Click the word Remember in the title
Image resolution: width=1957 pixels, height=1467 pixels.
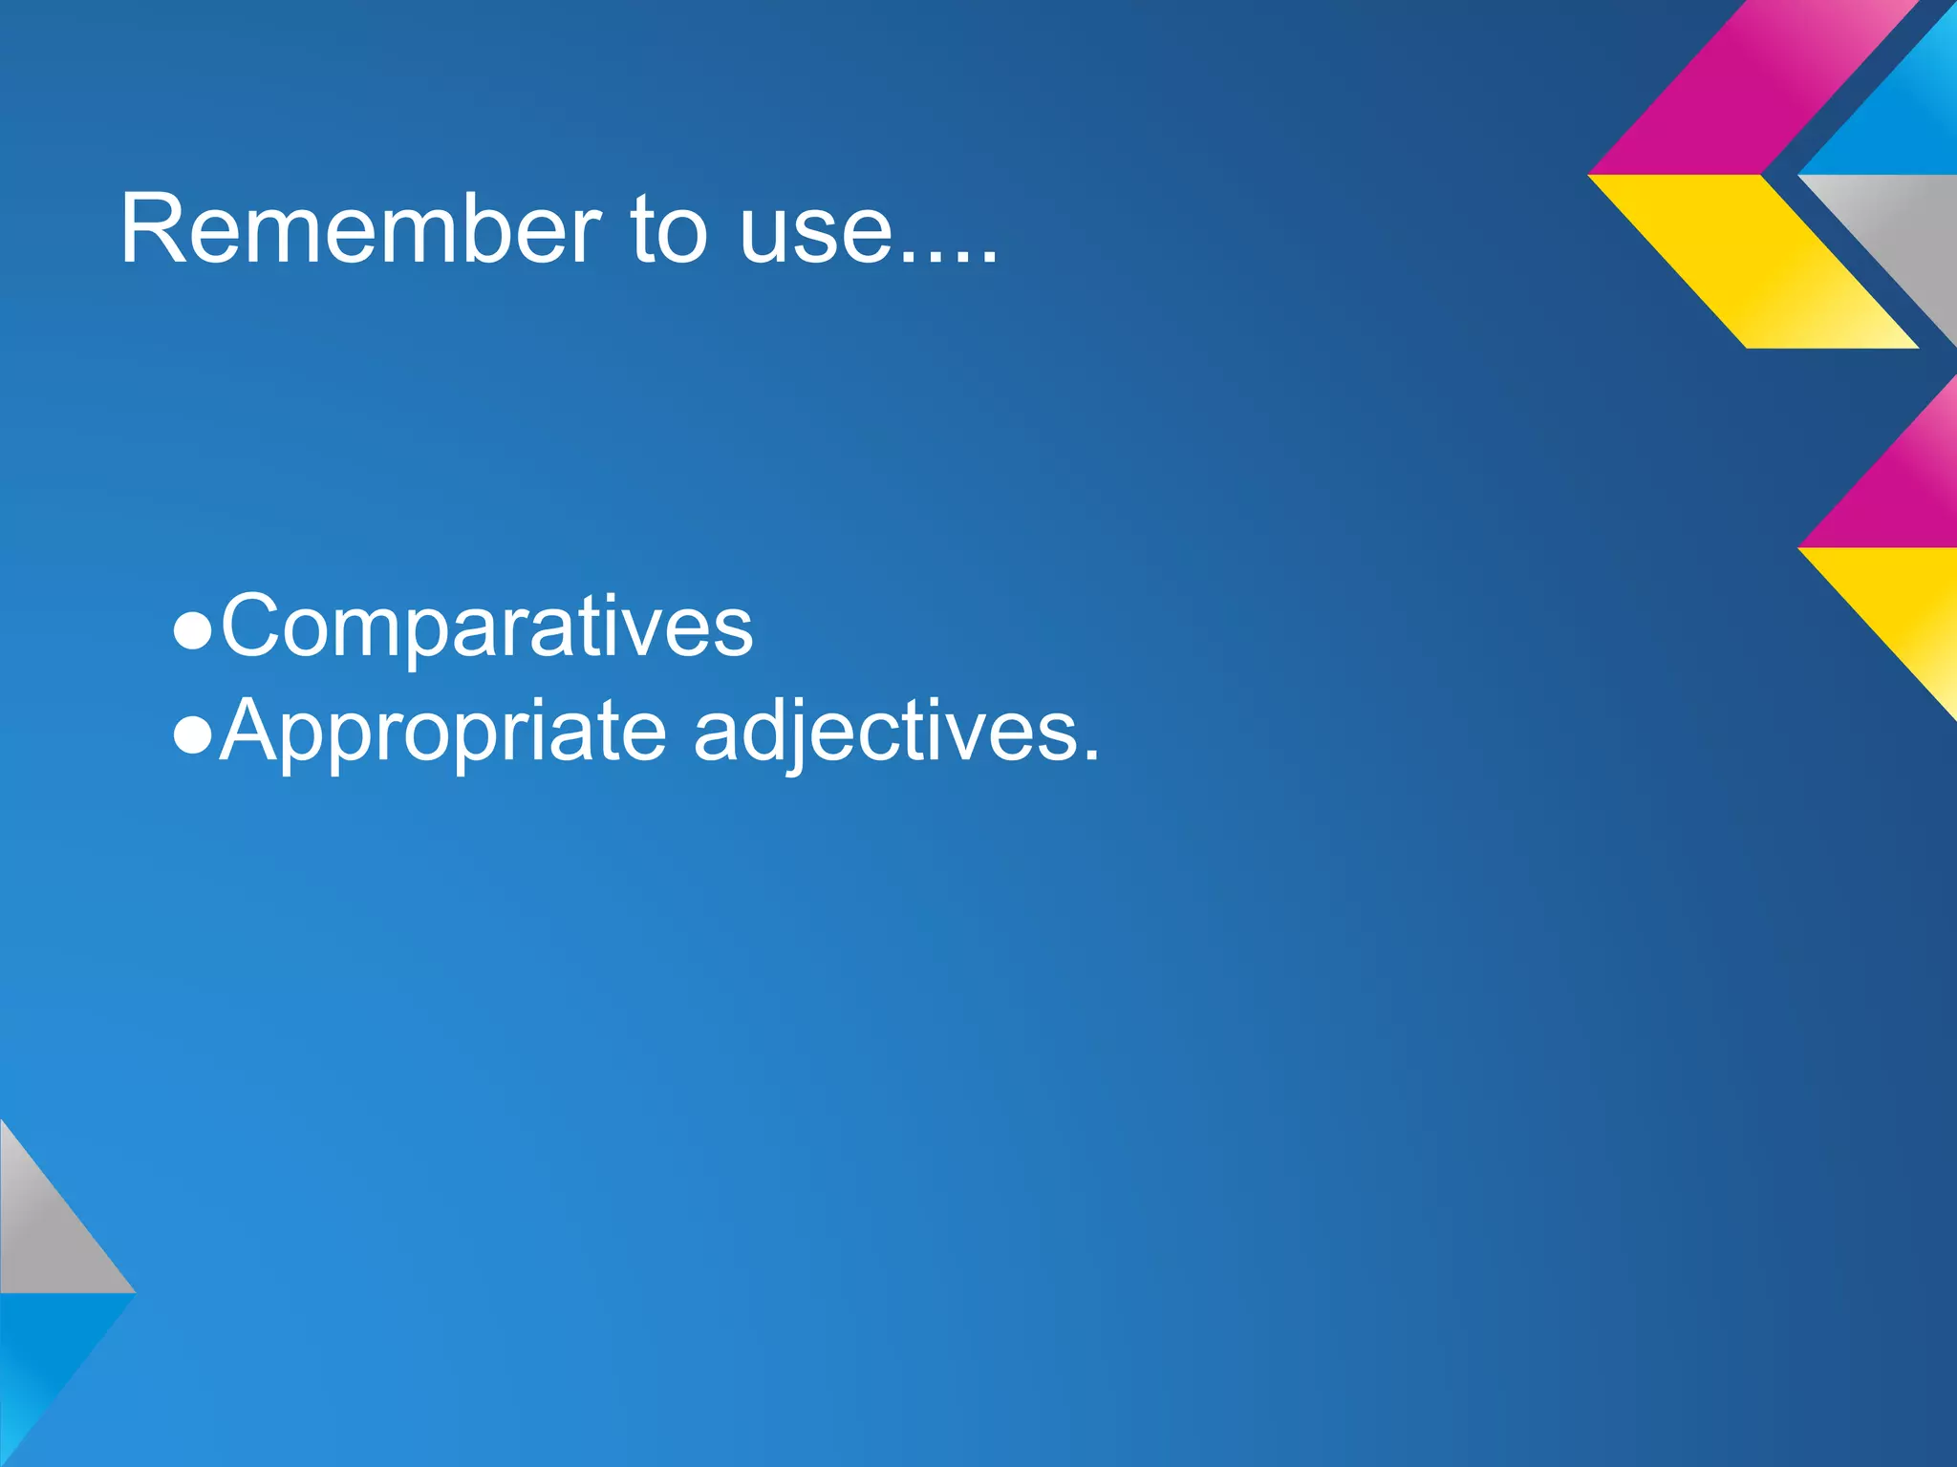pos(359,229)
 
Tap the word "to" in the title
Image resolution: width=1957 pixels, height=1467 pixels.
pos(668,229)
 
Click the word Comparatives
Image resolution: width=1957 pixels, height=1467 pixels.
pos(486,627)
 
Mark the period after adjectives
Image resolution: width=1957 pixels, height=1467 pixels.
pos(1090,755)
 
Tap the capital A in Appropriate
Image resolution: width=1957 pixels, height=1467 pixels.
pos(252,730)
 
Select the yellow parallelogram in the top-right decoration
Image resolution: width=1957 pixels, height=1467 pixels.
pos(1753,260)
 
